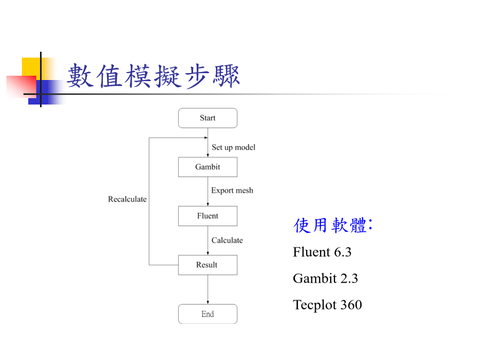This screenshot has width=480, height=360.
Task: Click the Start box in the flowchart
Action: [x=207, y=118]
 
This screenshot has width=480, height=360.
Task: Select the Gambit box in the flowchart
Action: [x=207, y=167]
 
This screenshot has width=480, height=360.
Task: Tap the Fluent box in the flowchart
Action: [x=207, y=216]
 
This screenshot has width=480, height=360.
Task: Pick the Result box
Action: [x=207, y=265]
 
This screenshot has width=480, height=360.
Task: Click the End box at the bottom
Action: [x=207, y=314]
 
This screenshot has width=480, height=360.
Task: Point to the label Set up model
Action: [x=233, y=148]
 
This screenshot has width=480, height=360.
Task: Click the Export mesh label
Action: [x=232, y=190]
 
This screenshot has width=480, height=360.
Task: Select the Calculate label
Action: [x=227, y=241]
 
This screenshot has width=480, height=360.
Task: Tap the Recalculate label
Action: [x=127, y=199]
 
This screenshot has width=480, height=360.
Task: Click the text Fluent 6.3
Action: [x=322, y=252]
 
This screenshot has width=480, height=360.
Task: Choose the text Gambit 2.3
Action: [x=325, y=278]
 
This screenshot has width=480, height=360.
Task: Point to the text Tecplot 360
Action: [x=327, y=305]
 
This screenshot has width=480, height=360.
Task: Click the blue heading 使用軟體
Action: [x=333, y=225]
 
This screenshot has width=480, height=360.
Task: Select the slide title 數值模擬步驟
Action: [x=153, y=76]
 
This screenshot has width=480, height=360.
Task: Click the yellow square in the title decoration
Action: [x=31, y=67]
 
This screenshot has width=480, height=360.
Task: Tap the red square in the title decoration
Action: [x=21, y=86]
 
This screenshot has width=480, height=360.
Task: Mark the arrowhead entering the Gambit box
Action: [x=208, y=156]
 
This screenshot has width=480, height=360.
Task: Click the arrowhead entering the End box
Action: [x=208, y=302]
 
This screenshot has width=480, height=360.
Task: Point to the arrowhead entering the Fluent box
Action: [x=208, y=204]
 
